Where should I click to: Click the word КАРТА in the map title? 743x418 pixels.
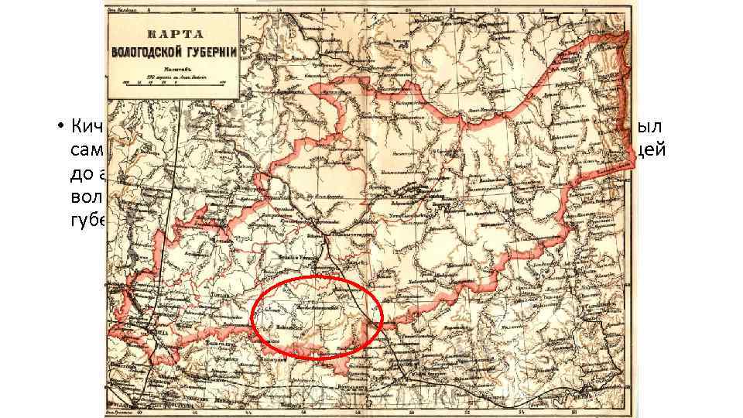pyautogui.click(x=173, y=35)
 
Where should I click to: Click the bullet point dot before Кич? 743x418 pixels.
pyautogui.click(x=59, y=126)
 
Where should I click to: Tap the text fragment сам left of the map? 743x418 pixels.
pyautogui.click(x=87, y=153)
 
